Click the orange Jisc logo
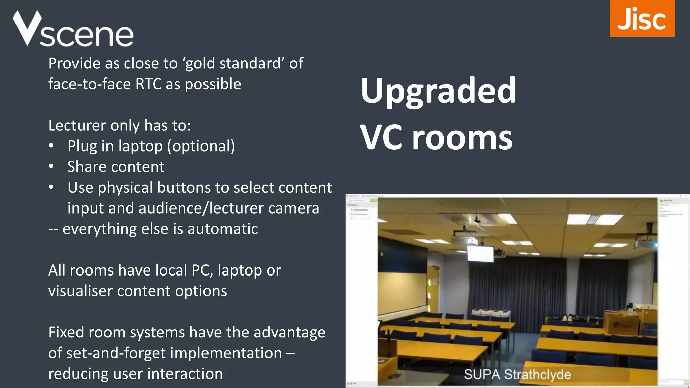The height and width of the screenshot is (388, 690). point(642,19)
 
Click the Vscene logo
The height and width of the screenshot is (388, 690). point(73,30)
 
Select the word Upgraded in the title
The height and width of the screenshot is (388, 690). point(438,91)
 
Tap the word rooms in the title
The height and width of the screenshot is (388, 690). point(462,138)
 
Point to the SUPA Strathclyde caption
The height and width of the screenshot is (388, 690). point(517,375)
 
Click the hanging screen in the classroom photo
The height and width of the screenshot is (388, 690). point(480,254)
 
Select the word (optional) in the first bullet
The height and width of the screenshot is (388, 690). point(201,146)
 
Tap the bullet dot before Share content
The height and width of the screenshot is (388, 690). point(51,166)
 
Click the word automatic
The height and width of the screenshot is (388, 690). point(223,229)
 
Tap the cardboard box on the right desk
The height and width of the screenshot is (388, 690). point(621,322)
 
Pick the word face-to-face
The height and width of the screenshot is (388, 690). point(89,84)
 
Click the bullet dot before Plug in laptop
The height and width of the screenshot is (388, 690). point(51,146)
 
